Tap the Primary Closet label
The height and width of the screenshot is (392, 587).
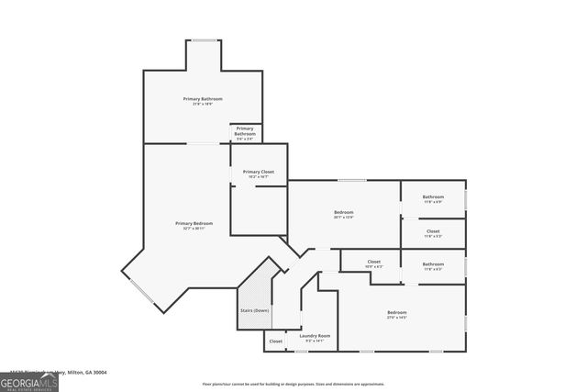coord(259,172)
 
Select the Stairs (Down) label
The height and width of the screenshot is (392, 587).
coord(255,310)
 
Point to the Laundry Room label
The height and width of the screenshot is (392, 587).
coord(315,335)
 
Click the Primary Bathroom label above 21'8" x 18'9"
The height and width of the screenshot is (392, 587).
coord(203,98)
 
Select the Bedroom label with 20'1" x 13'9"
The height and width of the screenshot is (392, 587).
coord(343,212)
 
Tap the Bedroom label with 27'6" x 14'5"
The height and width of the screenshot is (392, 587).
coord(397,312)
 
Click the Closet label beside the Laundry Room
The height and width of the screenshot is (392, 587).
coord(276,342)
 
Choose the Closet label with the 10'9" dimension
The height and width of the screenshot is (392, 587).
coord(374,262)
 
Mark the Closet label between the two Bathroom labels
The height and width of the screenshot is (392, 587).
coord(433,230)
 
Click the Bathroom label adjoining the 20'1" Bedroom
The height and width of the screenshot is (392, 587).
coord(433,196)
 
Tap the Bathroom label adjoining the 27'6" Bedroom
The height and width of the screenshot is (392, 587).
coord(433,264)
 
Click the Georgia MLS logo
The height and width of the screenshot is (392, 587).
coord(29,378)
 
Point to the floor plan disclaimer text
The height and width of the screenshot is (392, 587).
coord(293,384)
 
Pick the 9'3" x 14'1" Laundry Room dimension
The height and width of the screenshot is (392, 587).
coord(315,341)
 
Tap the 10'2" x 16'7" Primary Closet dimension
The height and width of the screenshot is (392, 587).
coord(259,177)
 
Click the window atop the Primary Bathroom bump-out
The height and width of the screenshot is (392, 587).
coord(204,40)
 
